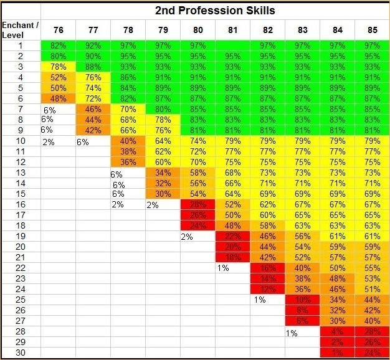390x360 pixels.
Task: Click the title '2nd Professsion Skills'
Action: click(x=215, y=11)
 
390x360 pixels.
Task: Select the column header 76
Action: click(x=58, y=30)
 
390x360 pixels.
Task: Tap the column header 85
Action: click(x=372, y=30)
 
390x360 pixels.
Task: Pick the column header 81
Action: click(x=232, y=30)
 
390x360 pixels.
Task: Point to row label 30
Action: click(x=20, y=353)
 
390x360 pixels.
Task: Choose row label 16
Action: click(x=20, y=204)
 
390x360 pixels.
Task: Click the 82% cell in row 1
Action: click(x=58, y=45)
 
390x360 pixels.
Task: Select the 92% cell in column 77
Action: click(x=93, y=45)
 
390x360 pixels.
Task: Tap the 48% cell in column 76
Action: click(x=58, y=98)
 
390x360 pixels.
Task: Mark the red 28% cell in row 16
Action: click(x=197, y=204)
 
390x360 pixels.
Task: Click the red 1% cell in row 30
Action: click(x=337, y=353)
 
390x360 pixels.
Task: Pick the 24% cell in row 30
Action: click(x=372, y=353)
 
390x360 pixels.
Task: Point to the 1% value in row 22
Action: click(x=223, y=268)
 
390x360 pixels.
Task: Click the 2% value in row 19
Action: click(x=186, y=237)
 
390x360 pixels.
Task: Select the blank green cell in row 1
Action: click(x=232, y=45)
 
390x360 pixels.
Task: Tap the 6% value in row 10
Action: click(x=83, y=141)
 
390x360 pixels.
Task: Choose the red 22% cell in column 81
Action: click(x=232, y=237)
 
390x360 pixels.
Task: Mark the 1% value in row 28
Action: click(x=292, y=333)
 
